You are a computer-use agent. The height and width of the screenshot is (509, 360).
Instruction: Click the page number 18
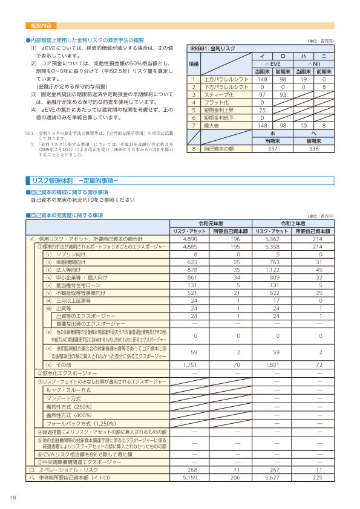pyautogui.click(x=13, y=497)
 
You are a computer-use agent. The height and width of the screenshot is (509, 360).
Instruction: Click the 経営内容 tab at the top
pyautogui.click(x=41, y=26)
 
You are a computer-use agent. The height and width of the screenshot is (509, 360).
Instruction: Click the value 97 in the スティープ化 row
pyautogui.click(x=263, y=95)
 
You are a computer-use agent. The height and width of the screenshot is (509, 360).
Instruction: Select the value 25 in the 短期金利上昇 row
pyautogui.click(x=263, y=110)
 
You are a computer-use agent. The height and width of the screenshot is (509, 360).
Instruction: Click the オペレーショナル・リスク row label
pyautogui.click(x=65, y=468)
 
